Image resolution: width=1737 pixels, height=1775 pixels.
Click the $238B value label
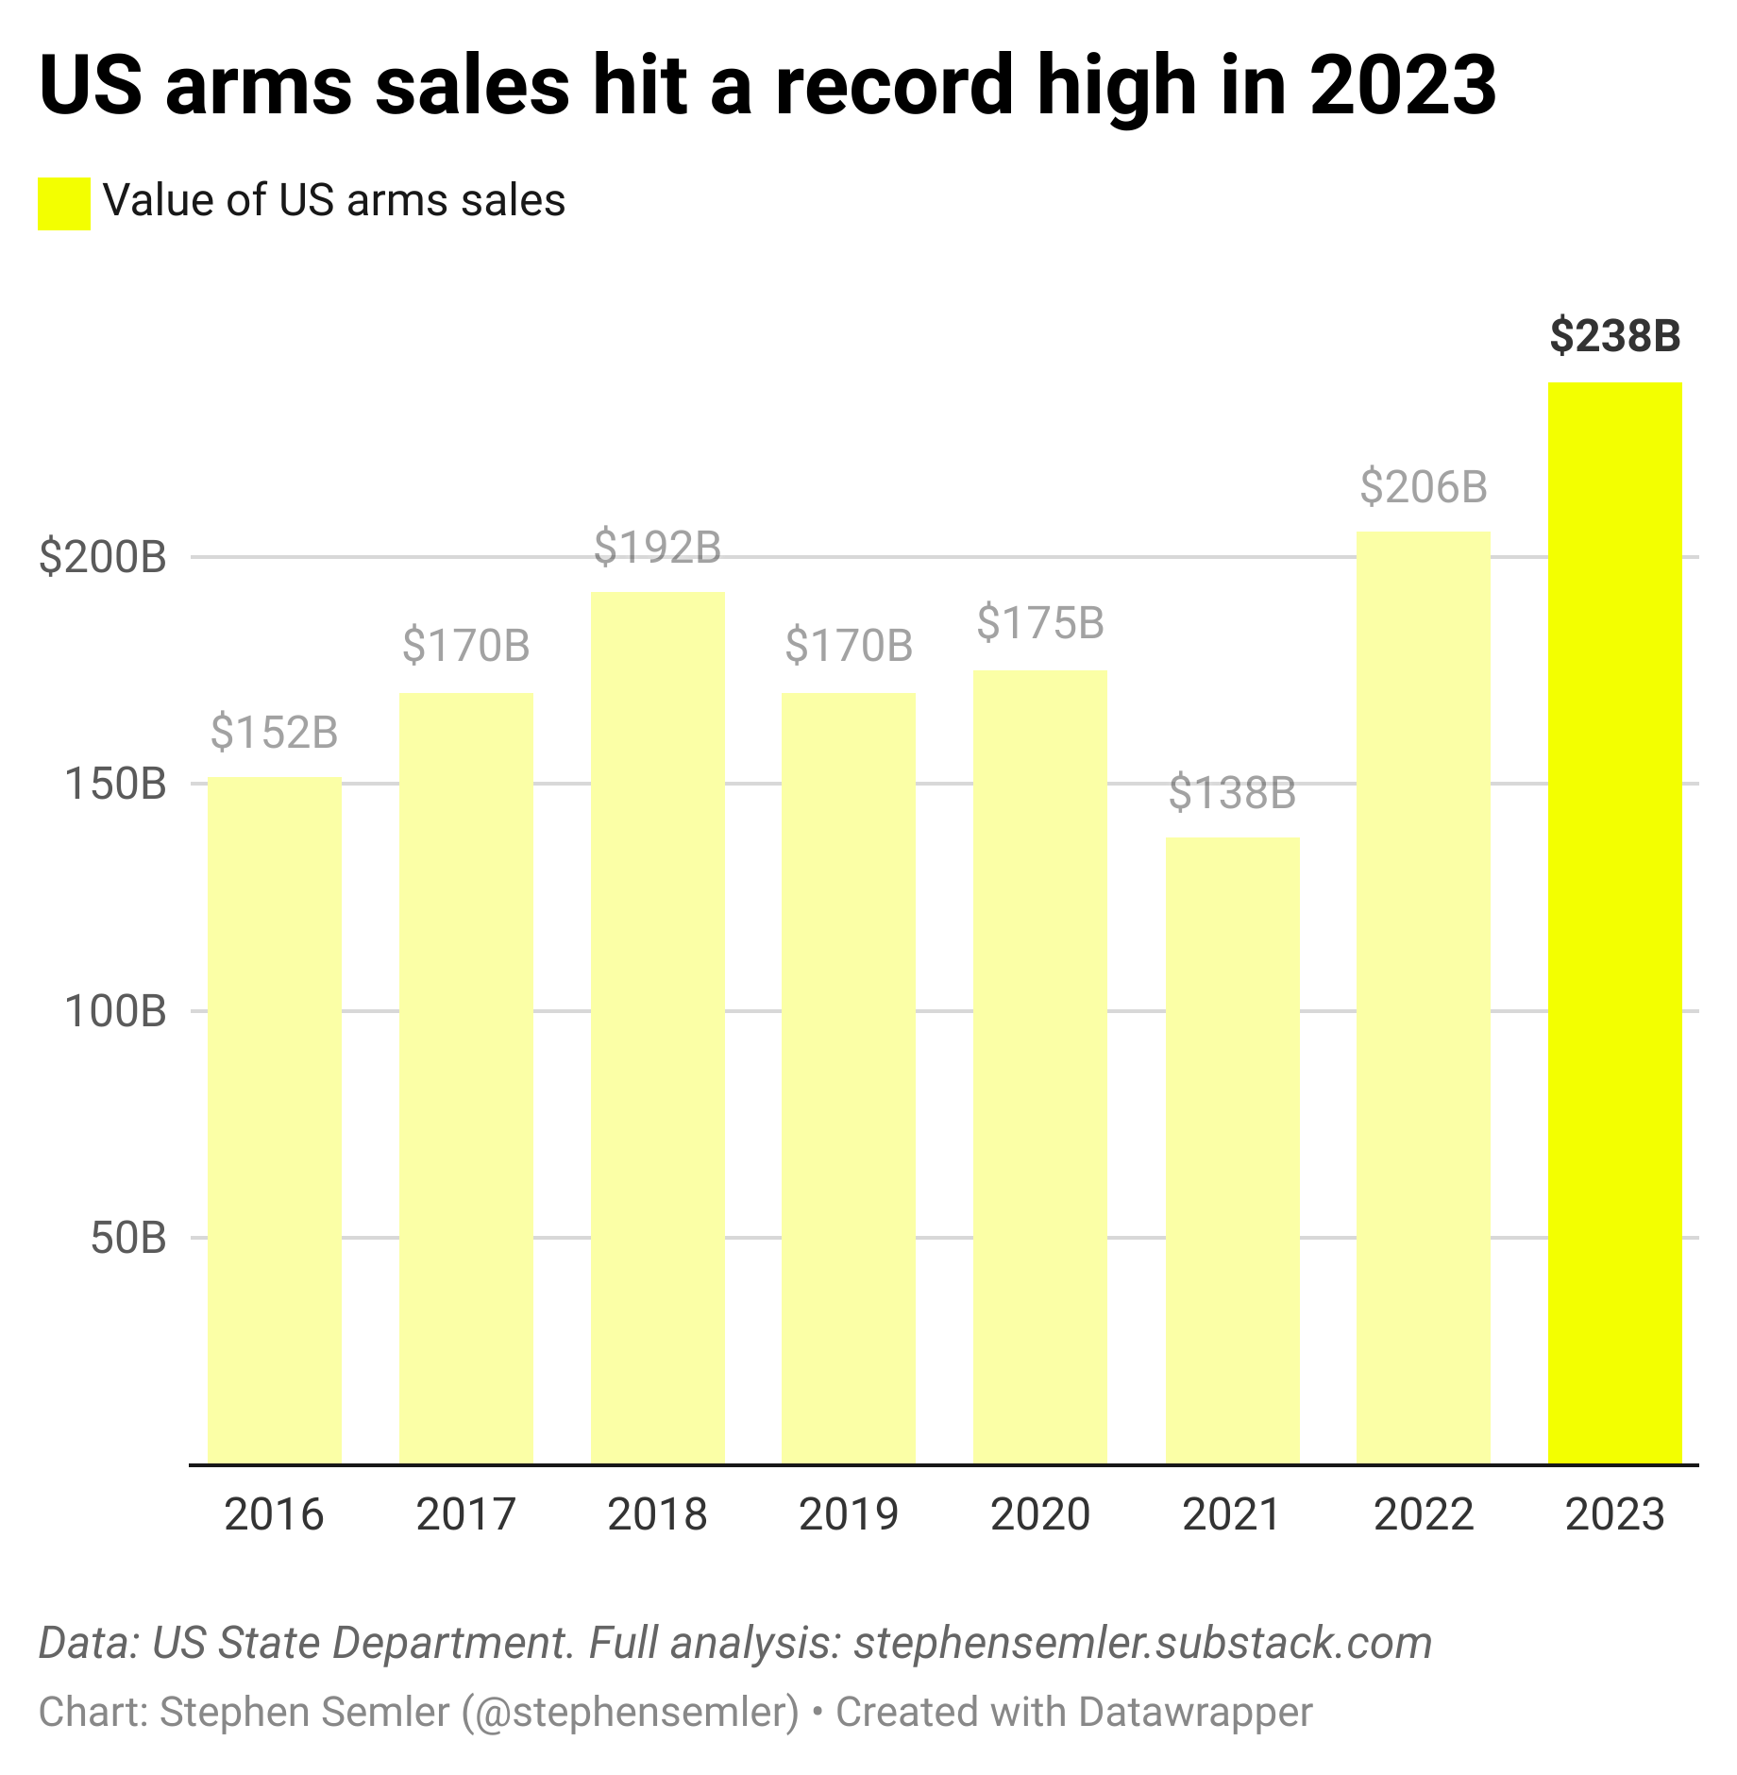click(1614, 336)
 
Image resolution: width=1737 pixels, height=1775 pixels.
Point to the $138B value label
click(1232, 792)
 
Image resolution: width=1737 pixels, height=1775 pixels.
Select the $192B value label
click(657, 547)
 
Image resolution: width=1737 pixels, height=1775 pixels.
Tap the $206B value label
click(1424, 486)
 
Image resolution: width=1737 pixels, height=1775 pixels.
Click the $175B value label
click(1040, 623)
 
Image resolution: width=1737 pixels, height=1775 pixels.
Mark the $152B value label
click(274, 732)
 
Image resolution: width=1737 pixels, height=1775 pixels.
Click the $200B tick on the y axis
click(102, 557)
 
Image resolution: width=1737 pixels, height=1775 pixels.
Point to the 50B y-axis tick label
click(128, 1238)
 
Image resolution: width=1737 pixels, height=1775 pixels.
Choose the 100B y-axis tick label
click(115, 1011)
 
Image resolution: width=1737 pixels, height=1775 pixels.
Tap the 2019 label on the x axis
click(849, 1513)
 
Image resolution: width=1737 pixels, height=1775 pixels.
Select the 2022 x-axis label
click(1424, 1513)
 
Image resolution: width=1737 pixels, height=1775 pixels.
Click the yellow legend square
click(63, 203)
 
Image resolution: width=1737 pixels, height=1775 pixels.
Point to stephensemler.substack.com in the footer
click(1142, 1642)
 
